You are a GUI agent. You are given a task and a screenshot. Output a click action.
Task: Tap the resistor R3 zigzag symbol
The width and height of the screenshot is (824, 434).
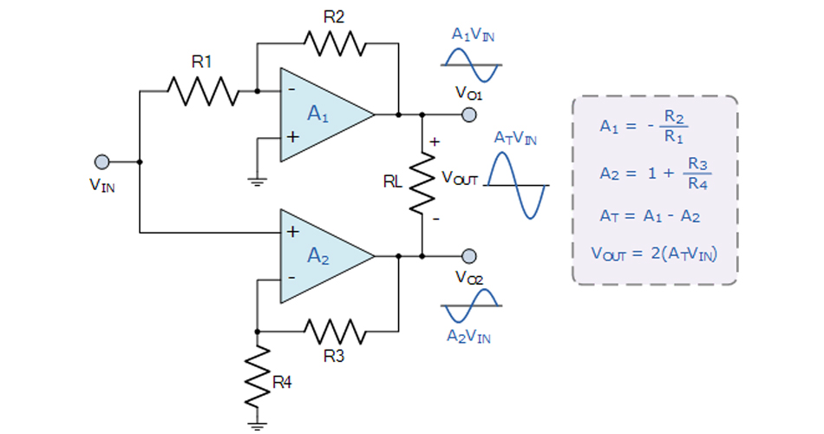pyautogui.click(x=334, y=330)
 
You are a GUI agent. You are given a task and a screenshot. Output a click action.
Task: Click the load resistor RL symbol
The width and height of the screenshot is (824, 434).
pyautogui.click(x=422, y=184)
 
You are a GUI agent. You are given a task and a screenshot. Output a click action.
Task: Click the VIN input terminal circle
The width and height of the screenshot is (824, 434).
pyautogui.click(x=101, y=161)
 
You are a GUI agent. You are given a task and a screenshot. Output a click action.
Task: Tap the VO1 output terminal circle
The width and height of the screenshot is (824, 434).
pyautogui.click(x=469, y=114)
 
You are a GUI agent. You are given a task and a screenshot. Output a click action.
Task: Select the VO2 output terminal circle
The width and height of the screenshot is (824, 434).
pyautogui.click(x=469, y=256)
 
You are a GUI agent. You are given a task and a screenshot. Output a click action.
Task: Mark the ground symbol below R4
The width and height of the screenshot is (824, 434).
pyautogui.click(x=258, y=425)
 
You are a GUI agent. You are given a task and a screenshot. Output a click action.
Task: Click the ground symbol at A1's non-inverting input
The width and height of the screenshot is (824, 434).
pyautogui.click(x=258, y=180)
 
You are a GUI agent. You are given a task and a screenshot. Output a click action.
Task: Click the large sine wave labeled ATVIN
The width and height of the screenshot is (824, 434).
pyautogui.click(x=517, y=185)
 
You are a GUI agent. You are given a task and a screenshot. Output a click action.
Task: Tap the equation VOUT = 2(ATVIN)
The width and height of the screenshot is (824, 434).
pyautogui.click(x=655, y=253)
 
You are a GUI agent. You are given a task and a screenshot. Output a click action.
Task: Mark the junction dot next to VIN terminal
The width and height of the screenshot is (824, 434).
pyautogui.click(x=139, y=161)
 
